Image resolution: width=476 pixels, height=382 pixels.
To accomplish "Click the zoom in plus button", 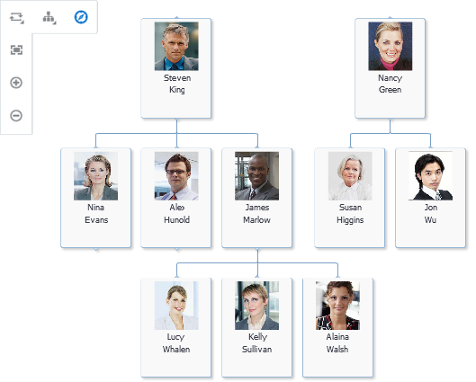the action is [x=16, y=83].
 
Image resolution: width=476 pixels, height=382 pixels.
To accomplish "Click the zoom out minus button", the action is [x=16, y=116].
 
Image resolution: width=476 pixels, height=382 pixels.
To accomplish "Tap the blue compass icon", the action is [x=81, y=17].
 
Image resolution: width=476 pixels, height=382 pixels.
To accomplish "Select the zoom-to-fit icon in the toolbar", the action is [x=16, y=49].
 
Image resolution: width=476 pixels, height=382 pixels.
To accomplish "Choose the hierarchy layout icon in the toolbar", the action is [x=49, y=18].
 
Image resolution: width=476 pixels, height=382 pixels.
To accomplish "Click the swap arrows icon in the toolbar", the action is [x=16, y=17].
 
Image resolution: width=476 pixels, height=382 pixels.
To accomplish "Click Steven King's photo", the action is [x=176, y=46].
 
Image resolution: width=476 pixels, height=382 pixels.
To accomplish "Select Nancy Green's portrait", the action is [x=391, y=46].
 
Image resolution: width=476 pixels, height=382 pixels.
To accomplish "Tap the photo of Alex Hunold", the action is [x=176, y=176].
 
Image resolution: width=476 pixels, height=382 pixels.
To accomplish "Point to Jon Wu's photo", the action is [x=430, y=176].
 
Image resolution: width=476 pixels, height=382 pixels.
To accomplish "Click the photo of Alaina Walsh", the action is [x=337, y=306].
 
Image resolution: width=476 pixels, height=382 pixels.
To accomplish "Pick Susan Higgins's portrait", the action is [x=350, y=176].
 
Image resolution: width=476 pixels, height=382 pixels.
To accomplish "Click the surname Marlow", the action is [x=256, y=220].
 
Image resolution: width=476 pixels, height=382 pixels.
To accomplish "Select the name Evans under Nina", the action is [x=96, y=220].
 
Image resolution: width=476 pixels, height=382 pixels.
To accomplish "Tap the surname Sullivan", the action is [x=256, y=350].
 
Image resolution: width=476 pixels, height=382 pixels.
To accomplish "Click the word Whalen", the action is [x=176, y=350].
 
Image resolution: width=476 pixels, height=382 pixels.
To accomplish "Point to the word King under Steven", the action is [x=177, y=90].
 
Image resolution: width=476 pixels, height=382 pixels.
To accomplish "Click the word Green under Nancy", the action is [x=391, y=90].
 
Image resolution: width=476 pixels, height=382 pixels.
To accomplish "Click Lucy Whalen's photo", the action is [x=176, y=306].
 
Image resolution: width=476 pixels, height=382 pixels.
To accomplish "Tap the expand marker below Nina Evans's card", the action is [x=96, y=249].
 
